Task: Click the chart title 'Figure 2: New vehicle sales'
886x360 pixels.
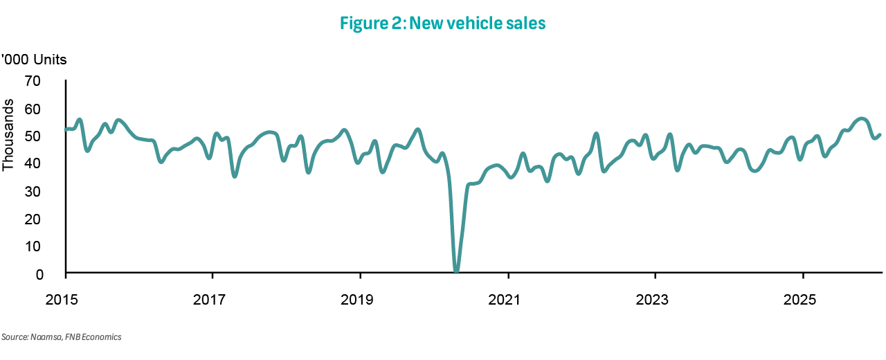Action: [x=443, y=24]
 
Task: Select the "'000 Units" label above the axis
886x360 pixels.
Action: [x=34, y=60]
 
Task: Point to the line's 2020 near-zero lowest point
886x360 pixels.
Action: [x=456, y=270]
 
